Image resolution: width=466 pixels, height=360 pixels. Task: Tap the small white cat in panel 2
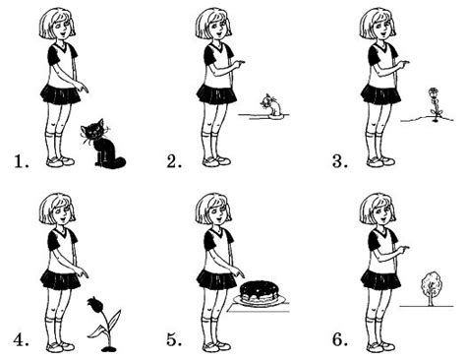click(272, 105)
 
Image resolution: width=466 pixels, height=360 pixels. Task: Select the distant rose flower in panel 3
click(435, 104)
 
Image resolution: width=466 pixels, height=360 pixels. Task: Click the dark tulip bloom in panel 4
click(94, 306)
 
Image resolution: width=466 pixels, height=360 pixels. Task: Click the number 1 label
click(22, 161)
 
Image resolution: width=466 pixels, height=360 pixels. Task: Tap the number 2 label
click(174, 161)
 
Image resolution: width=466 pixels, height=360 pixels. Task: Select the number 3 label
click(340, 161)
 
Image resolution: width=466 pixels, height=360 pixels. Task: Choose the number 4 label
click(22, 340)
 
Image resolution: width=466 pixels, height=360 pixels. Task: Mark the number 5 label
click(174, 340)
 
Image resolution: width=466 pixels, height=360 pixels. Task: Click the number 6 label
click(340, 340)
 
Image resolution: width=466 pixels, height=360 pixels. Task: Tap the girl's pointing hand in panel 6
click(403, 249)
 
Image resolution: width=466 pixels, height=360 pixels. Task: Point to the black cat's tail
click(116, 162)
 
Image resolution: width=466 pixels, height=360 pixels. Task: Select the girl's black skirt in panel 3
click(380, 94)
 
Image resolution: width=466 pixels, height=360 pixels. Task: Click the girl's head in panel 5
click(213, 210)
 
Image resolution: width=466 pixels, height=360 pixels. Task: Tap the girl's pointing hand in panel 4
click(82, 271)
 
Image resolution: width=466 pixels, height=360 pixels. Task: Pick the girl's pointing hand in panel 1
click(82, 87)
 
